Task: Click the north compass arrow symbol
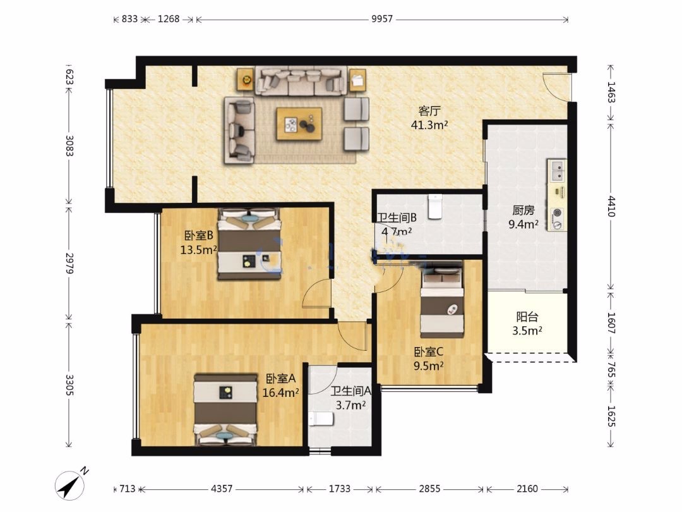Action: (x=69, y=485)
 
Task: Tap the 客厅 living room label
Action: (x=429, y=111)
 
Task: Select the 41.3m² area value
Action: (x=429, y=125)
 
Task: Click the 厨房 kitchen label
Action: (x=523, y=210)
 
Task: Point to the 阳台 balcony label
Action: (x=527, y=317)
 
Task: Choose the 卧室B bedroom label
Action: (x=198, y=236)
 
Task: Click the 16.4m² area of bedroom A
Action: (x=280, y=393)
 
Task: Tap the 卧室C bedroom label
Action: (x=428, y=351)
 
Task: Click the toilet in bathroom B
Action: (x=435, y=206)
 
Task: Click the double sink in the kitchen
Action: (x=557, y=170)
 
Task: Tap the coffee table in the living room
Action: (x=299, y=124)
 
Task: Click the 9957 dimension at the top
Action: (x=382, y=19)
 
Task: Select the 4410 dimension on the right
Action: (x=611, y=206)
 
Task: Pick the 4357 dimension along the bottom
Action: (x=222, y=489)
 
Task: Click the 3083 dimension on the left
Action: (x=69, y=145)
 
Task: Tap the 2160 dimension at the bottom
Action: (x=527, y=489)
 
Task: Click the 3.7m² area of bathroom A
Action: (x=350, y=405)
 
